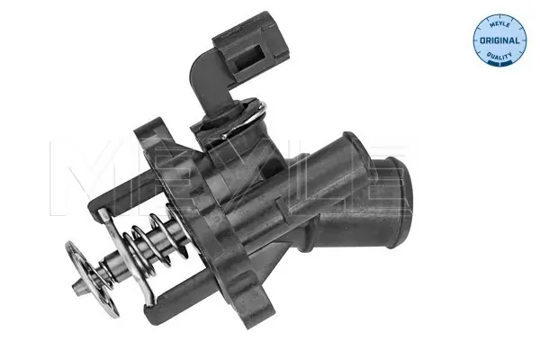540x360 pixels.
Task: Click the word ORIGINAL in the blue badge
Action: point(497,41)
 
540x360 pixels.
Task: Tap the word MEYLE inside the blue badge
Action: point(497,22)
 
